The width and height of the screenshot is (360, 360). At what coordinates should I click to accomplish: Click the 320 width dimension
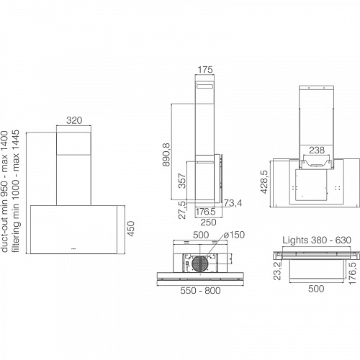[x=74, y=120]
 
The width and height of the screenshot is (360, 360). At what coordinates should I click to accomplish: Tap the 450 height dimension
[x=131, y=228]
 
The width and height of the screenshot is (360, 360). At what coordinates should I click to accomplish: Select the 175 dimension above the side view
[x=205, y=70]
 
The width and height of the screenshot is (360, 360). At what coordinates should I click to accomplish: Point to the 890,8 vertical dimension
[x=166, y=155]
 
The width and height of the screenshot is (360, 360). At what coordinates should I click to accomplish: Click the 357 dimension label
[x=182, y=181]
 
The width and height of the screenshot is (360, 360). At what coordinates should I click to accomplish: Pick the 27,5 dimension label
[x=182, y=210]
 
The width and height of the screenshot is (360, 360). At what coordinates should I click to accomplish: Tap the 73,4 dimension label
[x=233, y=203]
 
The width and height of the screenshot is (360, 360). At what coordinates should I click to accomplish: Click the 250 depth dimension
[x=208, y=222]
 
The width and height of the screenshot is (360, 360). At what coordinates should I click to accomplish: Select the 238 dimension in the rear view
[x=317, y=150]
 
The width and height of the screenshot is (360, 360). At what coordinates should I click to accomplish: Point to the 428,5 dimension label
[x=264, y=181]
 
